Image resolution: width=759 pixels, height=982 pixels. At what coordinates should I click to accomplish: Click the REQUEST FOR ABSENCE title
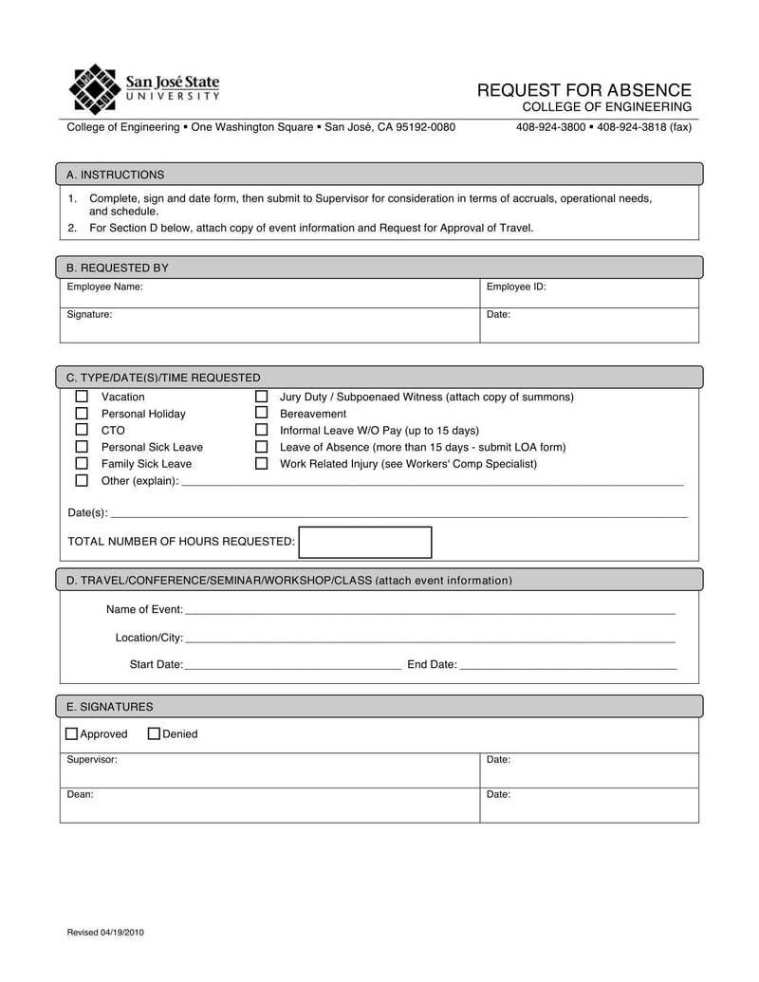pos(583,90)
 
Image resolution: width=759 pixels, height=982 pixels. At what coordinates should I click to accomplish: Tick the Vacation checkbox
pos(82,397)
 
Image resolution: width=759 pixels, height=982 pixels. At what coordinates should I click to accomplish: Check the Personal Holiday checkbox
pos(82,414)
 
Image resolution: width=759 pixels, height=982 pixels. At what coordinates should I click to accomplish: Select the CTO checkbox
pos(82,430)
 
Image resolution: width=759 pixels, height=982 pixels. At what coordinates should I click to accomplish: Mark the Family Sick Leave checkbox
pos(82,464)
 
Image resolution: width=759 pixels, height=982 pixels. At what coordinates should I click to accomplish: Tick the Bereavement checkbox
pos(262,414)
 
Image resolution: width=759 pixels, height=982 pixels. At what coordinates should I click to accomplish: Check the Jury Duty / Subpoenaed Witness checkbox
pos(262,397)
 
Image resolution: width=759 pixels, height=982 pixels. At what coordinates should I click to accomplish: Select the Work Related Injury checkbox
pos(262,464)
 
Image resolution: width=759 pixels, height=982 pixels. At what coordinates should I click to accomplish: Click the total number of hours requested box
pos(365,542)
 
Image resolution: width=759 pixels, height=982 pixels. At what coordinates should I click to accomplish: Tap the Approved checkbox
pos(72,733)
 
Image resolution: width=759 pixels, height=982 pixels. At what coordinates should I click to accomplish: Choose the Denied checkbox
pos(154,733)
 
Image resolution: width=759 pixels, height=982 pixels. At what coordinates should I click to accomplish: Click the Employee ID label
pos(515,287)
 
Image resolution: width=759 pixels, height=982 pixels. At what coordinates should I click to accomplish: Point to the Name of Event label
pos(143,609)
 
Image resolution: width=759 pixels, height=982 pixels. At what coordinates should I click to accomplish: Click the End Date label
pos(432,664)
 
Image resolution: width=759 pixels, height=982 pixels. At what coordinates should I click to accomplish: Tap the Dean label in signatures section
pos(80,794)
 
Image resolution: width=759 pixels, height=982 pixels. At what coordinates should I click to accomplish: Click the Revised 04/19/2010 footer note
pos(105,933)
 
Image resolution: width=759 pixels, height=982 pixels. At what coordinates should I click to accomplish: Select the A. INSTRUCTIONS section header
pos(115,175)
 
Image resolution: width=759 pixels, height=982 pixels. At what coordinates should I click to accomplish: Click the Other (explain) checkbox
pos(82,481)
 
